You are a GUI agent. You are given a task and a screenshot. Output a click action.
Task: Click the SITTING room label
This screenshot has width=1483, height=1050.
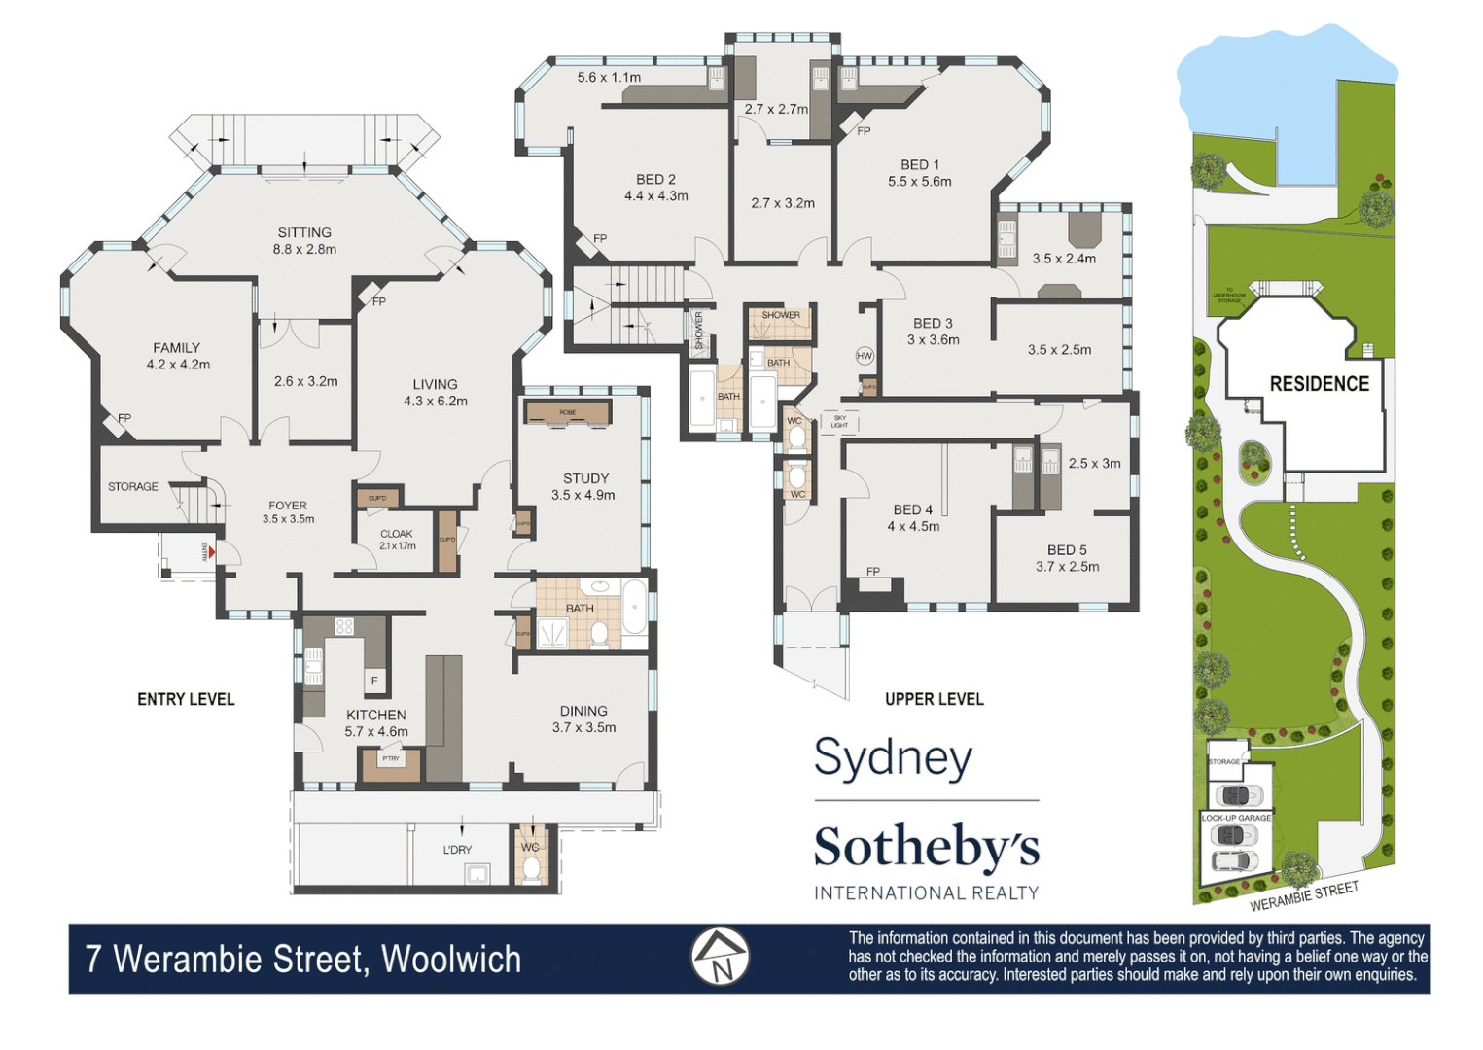coord(304,232)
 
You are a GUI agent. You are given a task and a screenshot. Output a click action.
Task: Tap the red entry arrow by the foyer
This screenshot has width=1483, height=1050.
coord(210,551)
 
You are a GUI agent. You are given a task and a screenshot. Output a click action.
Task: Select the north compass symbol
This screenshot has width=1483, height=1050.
coord(720,957)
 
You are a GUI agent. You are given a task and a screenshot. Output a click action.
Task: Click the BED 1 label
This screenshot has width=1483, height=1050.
coord(919,165)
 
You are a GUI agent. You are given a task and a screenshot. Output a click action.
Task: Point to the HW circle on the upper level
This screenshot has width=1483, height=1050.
coord(865,356)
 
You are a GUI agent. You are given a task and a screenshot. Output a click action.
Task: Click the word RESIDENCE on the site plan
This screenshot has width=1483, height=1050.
coord(1319,384)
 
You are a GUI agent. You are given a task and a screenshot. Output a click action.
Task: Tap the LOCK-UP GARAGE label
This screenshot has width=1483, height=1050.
coord(1236,818)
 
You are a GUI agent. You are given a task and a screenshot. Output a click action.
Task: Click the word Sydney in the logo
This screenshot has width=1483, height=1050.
coord(893,758)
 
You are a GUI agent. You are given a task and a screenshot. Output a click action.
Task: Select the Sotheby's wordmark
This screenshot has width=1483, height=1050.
coord(926,847)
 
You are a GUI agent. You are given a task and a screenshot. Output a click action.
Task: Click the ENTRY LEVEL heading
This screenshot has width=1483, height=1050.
coord(186,699)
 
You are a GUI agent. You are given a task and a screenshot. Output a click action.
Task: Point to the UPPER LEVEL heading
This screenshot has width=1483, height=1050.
coord(934,699)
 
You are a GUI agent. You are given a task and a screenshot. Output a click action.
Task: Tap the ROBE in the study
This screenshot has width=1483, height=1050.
coord(568,413)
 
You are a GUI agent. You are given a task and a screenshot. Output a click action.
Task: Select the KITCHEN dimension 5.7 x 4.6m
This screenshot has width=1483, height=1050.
coord(376,731)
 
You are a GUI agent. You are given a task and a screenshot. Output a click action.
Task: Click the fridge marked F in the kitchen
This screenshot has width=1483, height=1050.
coord(374,682)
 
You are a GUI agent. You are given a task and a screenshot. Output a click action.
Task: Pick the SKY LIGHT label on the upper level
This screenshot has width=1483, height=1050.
coord(839,422)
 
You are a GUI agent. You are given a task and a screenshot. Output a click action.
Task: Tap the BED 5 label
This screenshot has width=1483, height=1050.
coord(1067,550)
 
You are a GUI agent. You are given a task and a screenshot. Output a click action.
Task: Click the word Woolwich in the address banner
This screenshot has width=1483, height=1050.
coord(451,960)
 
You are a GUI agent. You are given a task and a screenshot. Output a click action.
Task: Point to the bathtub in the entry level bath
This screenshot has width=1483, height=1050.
coord(633,608)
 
